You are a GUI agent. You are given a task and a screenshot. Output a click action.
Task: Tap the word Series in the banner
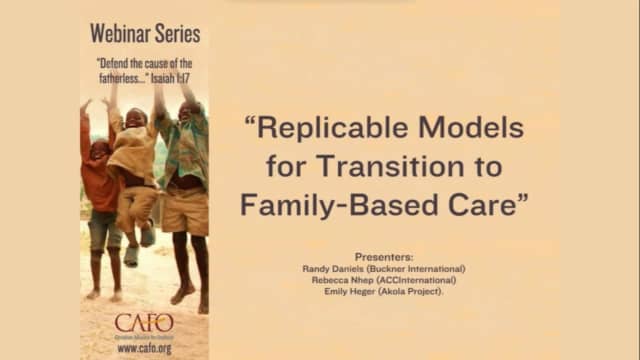[177, 33]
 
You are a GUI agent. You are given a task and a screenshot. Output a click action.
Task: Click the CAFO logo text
[144, 322]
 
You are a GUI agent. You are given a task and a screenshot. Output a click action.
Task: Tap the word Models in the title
[477, 128]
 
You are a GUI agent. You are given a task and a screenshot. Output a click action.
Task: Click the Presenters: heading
[383, 256]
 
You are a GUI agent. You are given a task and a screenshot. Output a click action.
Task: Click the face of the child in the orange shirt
[99, 150]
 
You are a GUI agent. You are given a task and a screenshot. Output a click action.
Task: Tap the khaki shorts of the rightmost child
[185, 211]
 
